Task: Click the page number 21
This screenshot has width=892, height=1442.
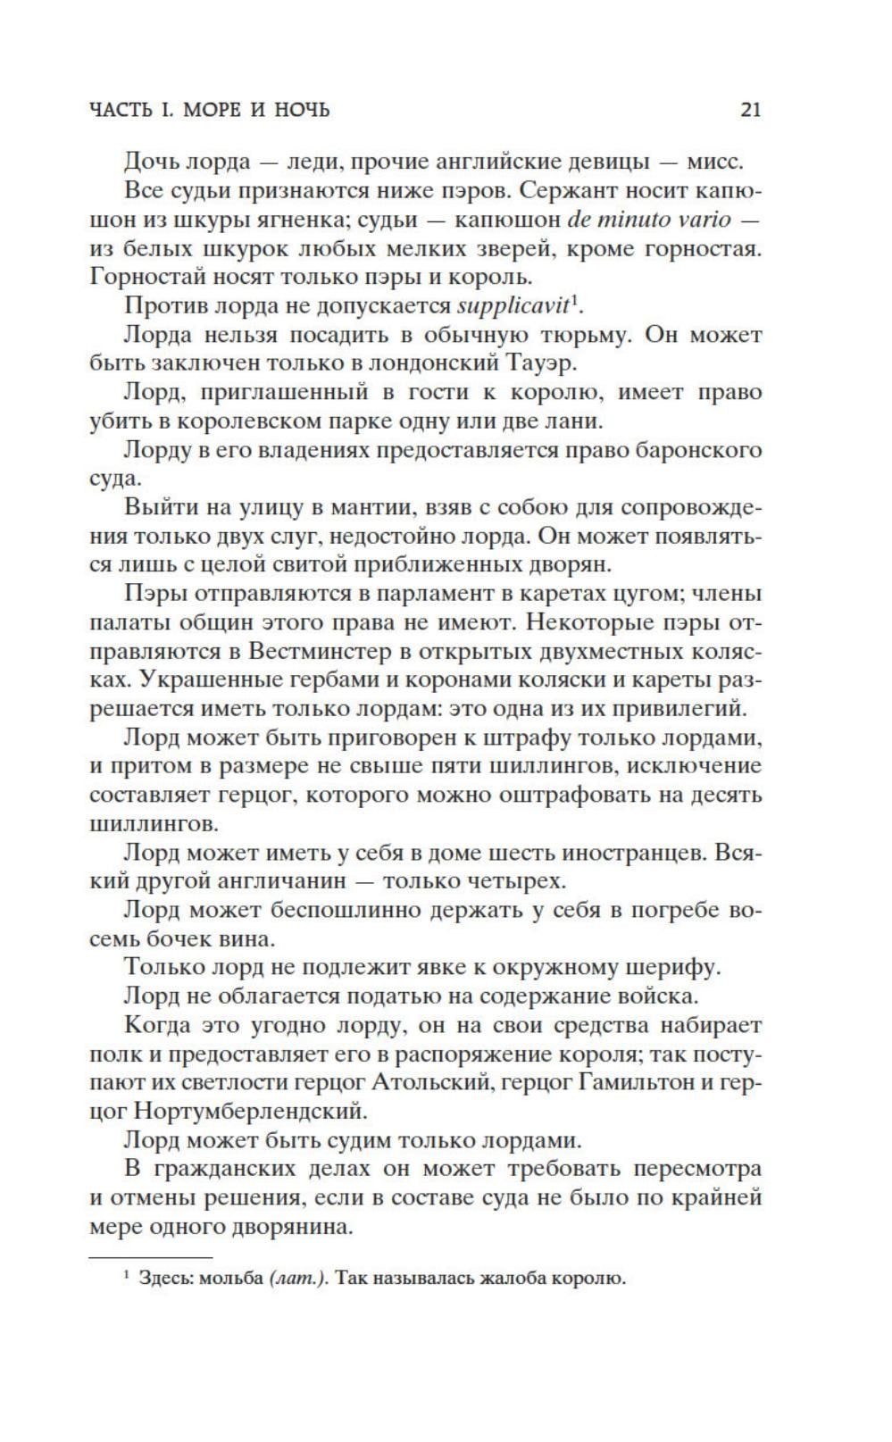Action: coord(750,110)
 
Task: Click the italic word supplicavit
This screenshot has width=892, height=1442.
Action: coord(512,306)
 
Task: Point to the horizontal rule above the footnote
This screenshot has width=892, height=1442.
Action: coord(151,1256)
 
